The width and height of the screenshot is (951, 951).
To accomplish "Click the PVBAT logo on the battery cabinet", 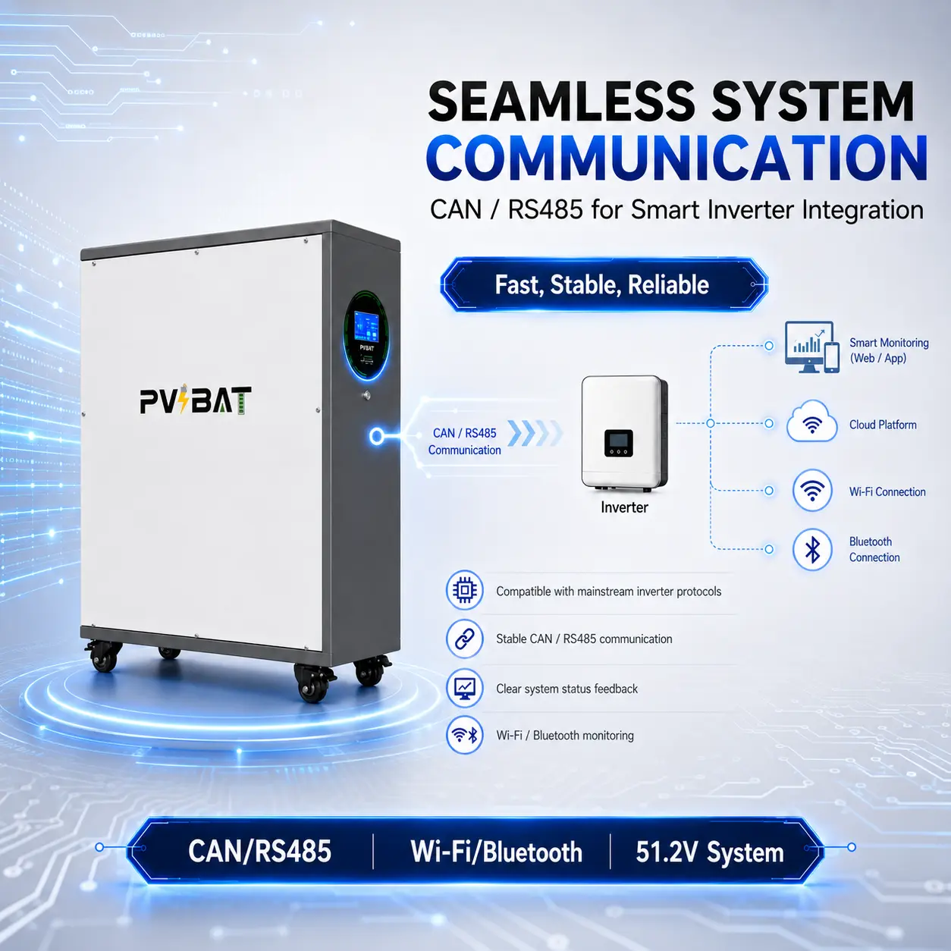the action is (196, 399).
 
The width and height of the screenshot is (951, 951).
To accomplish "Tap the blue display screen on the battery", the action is (366, 326).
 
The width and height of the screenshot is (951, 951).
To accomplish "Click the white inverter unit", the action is (624, 433).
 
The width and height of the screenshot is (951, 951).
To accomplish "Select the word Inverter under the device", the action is (624, 507).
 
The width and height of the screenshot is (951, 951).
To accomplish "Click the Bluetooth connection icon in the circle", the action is (812, 550).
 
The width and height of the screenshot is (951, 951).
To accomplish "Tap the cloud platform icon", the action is (811, 422).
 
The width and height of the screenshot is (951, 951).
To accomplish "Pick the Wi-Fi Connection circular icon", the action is (812, 491).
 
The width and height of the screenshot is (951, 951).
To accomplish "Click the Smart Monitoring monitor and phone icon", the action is (812, 347).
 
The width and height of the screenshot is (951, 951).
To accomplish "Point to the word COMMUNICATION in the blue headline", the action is (676, 158).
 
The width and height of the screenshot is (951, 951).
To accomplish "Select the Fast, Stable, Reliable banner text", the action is (601, 284).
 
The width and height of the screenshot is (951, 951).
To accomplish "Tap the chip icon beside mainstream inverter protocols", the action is (464, 590).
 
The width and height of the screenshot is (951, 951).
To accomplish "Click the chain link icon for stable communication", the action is (464, 639).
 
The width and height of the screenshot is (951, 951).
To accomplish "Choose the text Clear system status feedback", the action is (567, 689).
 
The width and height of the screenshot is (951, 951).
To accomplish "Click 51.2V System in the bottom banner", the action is (710, 852).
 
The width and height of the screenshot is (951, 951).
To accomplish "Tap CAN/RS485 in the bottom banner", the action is (259, 852).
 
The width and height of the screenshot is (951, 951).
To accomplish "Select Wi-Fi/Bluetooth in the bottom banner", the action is (497, 852).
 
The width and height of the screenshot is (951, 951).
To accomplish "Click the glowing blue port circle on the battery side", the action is (377, 436).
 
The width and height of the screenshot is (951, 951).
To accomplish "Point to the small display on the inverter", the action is (618, 443).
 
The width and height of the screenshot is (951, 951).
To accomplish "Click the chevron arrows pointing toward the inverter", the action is (535, 433).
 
